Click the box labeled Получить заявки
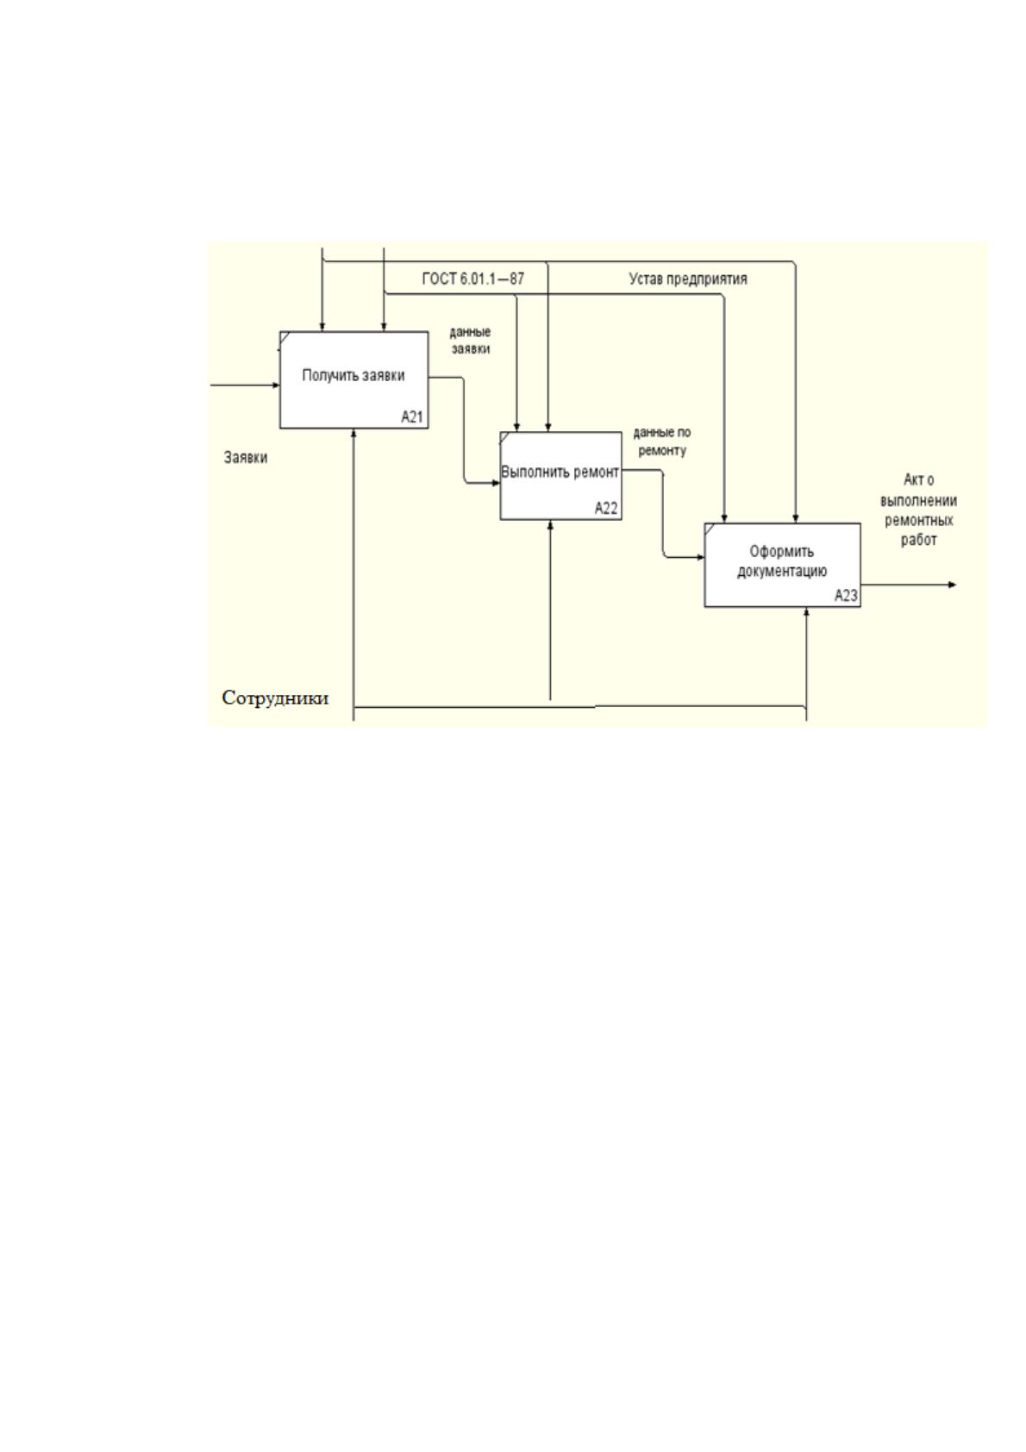click(x=353, y=380)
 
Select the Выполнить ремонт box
click(x=560, y=476)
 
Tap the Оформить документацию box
click(x=782, y=565)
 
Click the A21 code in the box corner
click(x=412, y=416)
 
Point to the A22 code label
click(x=606, y=508)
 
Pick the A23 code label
click(x=846, y=596)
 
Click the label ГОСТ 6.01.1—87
click(x=473, y=279)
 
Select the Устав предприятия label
click(x=688, y=279)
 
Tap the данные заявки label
click(x=471, y=341)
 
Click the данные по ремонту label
click(x=662, y=441)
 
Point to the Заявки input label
click(x=246, y=458)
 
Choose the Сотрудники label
click(x=275, y=698)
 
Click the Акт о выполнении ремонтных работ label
click(x=918, y=510)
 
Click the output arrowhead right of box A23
click(x=953, y=585)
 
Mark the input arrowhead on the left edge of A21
click(x=276, y=385)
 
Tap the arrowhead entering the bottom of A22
click(x=550, y=524)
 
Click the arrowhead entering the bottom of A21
click(x=353, y=433)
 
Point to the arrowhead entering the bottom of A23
click(x=806, y=612)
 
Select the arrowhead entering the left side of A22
click(x=496, y=483)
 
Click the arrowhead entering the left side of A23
click(x=701, y=557)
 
